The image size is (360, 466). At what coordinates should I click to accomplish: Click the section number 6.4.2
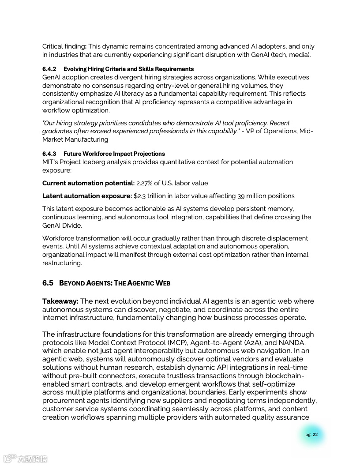click(x=49, y=69)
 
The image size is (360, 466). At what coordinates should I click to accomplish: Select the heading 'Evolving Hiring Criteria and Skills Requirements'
click(x=128, y=69)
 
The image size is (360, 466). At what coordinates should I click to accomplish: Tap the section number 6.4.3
click(x=49, y=154)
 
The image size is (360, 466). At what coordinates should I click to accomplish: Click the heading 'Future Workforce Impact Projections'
click(x=114, y=154)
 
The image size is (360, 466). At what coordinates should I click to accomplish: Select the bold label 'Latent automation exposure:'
click(x=87, y=196)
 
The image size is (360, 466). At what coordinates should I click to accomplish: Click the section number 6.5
click(x=48, y=283)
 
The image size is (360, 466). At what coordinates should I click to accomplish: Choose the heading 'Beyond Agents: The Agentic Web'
click(x=115, y=283)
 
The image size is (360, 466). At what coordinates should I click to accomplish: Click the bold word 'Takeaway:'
click(x=60, y=301)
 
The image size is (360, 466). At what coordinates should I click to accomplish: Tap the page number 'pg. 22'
click(x=311, y=435)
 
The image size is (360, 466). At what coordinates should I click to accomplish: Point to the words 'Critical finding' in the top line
click(x=63, y=47)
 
